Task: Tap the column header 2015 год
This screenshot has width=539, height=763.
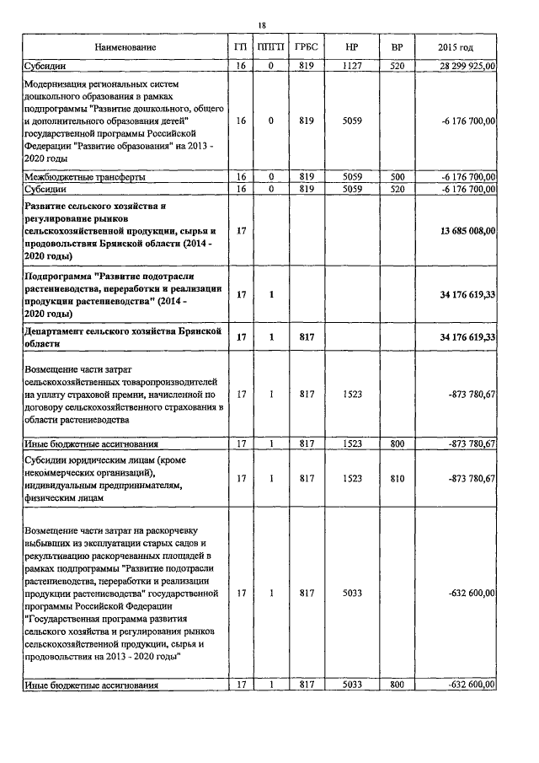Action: [x=456, y=47]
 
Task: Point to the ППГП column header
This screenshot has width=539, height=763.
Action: [x=270, y=47]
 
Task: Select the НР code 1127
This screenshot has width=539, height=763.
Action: [x=351, y=65]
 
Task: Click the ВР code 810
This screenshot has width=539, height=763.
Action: [x=397, y=479]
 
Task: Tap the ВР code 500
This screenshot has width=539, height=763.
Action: [x=397, y=177]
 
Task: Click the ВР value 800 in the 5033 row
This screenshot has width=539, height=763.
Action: [x=397, y=685]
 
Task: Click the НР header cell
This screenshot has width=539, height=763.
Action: [x=351, y=47]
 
